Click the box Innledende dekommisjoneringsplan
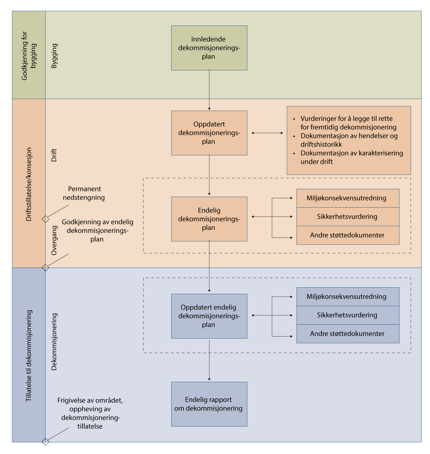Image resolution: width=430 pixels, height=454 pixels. (x=209, y=48)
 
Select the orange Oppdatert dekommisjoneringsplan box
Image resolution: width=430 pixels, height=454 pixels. (x=209, y=133)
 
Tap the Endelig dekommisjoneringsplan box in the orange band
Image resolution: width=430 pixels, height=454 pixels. (x=209, y=219)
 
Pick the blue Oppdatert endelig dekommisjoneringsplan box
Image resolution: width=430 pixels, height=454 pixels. (x=209, y=316)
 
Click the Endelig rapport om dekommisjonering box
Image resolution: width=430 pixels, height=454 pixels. (x=209, y=404)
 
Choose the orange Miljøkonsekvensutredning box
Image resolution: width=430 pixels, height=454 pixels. (x=347, y=198)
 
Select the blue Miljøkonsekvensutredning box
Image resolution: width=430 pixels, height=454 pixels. (x=347, y=297)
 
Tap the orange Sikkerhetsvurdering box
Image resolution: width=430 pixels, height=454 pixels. (x=347, y=217)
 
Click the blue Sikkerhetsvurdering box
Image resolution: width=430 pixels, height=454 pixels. (x=347, y=315)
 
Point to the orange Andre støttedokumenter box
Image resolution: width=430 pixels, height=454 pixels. (x=347, y=235)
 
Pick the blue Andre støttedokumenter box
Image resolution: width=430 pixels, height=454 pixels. (x=347, y=334)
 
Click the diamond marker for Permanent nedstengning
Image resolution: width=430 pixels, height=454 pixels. (x=46, y=219)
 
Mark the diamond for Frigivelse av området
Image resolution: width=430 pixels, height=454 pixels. (x=46, y=441)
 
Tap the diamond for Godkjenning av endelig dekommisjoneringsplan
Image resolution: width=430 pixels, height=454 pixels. (x=46, y=268)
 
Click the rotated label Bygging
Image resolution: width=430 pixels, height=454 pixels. (x=54, y=56)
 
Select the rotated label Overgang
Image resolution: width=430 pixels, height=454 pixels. (x=54, y=240)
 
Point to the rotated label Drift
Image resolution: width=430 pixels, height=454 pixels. (x=54, y=155)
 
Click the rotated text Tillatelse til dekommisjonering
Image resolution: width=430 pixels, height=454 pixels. (x=29, y=356)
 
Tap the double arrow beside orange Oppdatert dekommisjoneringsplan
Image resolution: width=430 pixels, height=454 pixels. (x=267, y=133)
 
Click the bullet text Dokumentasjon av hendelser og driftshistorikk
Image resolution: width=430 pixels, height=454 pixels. (x=349, y=140)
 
